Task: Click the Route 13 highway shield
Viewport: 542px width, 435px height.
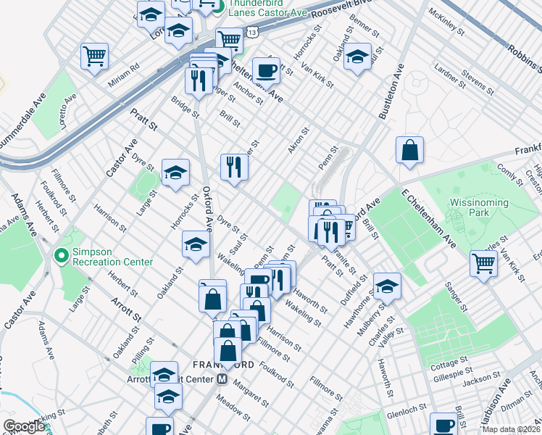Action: [x=251, y=33]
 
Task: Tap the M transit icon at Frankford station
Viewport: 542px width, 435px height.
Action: [x=223, y=379]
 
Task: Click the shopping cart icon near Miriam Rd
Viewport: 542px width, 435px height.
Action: [x=95, y=56]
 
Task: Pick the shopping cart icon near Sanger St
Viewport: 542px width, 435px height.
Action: [x=483, y=263]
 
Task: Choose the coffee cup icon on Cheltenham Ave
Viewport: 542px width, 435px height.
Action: [x=266, y=70]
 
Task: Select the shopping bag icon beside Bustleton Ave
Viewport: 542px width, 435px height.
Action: [x=409, y=149]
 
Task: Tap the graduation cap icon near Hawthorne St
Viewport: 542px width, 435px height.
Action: [x=387, y=286]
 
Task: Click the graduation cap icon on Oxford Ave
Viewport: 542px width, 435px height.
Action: [x=196, y=244]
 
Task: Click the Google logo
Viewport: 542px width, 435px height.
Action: [x=24, y=427]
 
